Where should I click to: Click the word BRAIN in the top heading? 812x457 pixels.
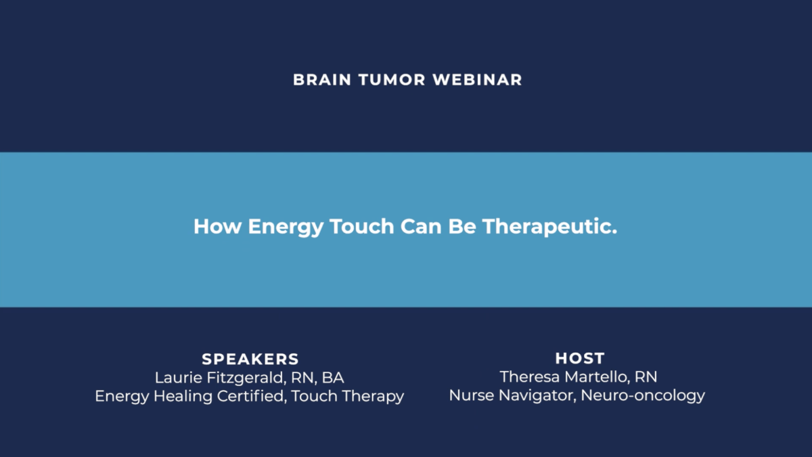pos(322,80)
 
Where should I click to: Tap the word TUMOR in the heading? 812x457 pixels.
pos(392,80)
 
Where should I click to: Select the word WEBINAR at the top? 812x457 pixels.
pos(478,80)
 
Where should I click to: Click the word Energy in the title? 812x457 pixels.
pos(286,227)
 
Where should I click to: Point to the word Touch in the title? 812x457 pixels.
pos(362,226)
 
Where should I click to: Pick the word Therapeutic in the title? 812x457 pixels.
pos(549,227)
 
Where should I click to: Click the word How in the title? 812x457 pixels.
pos(217,226)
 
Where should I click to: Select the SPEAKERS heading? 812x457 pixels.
pos(250,359)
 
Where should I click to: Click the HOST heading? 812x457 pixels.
pos(580,358)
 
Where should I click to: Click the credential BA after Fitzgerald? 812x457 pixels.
pos(333,378)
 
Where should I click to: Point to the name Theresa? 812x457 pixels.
pos(530,377)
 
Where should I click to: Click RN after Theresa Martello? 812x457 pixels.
pos(646,377)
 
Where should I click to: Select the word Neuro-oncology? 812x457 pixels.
pos(643,396)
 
